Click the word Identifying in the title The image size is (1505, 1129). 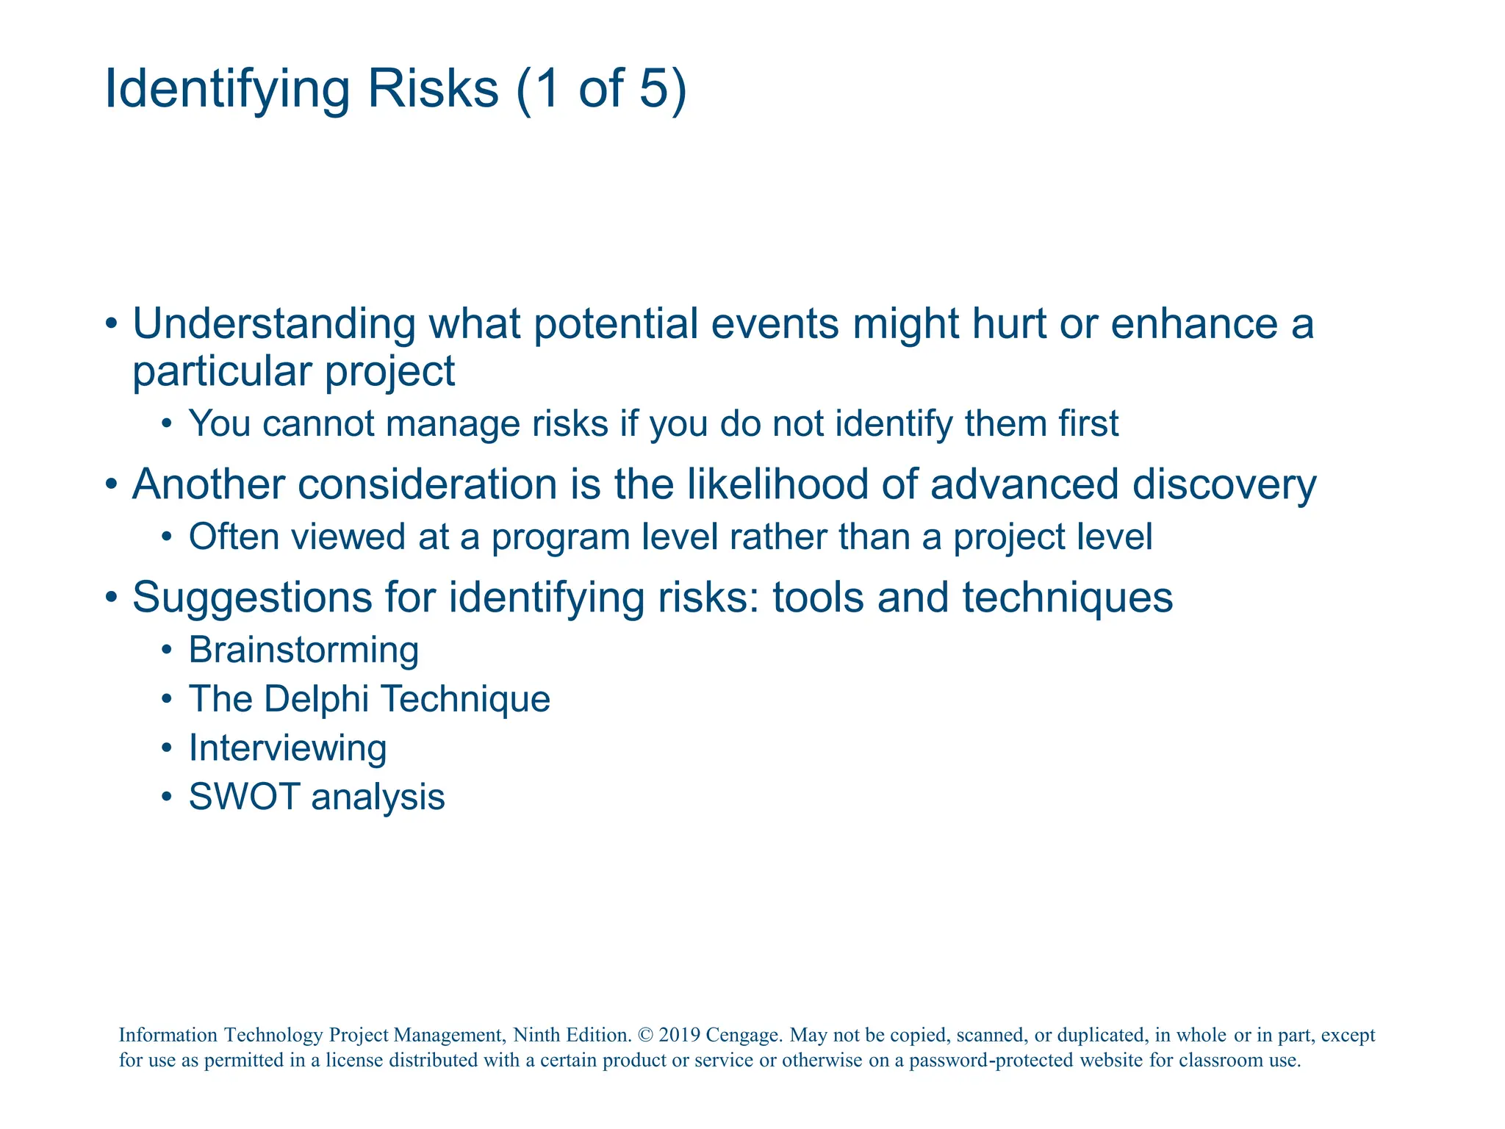tap(228, 89)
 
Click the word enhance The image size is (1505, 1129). tap(1194, 324)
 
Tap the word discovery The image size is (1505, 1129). tap(1224, 485)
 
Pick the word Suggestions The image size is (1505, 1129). tap(252, 597)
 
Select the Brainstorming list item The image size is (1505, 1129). tap(303, 650)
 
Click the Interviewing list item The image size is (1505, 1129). tap(287, 748)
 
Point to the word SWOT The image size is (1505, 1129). tap(245, 797)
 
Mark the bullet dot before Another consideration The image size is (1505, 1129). tap(111, 485)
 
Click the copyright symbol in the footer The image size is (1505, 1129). tap(645, 1036)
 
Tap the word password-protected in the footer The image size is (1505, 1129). tap(1025, 1061)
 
